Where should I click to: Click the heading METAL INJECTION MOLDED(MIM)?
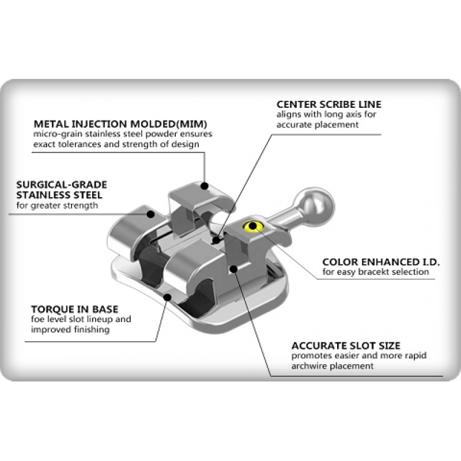coord(120,124)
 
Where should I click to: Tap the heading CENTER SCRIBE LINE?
coord(328,104)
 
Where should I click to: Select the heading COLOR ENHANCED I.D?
coord(380,262)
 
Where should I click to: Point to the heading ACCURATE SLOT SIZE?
coord(346,346)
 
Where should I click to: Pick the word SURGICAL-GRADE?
coord(62,184)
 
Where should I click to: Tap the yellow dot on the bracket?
coord(251,225)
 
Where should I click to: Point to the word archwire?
coord(310,366)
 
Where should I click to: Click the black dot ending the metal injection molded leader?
coord(205,186)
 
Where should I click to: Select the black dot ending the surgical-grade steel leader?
coord(151,214)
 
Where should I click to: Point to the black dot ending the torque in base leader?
coord(167,297)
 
